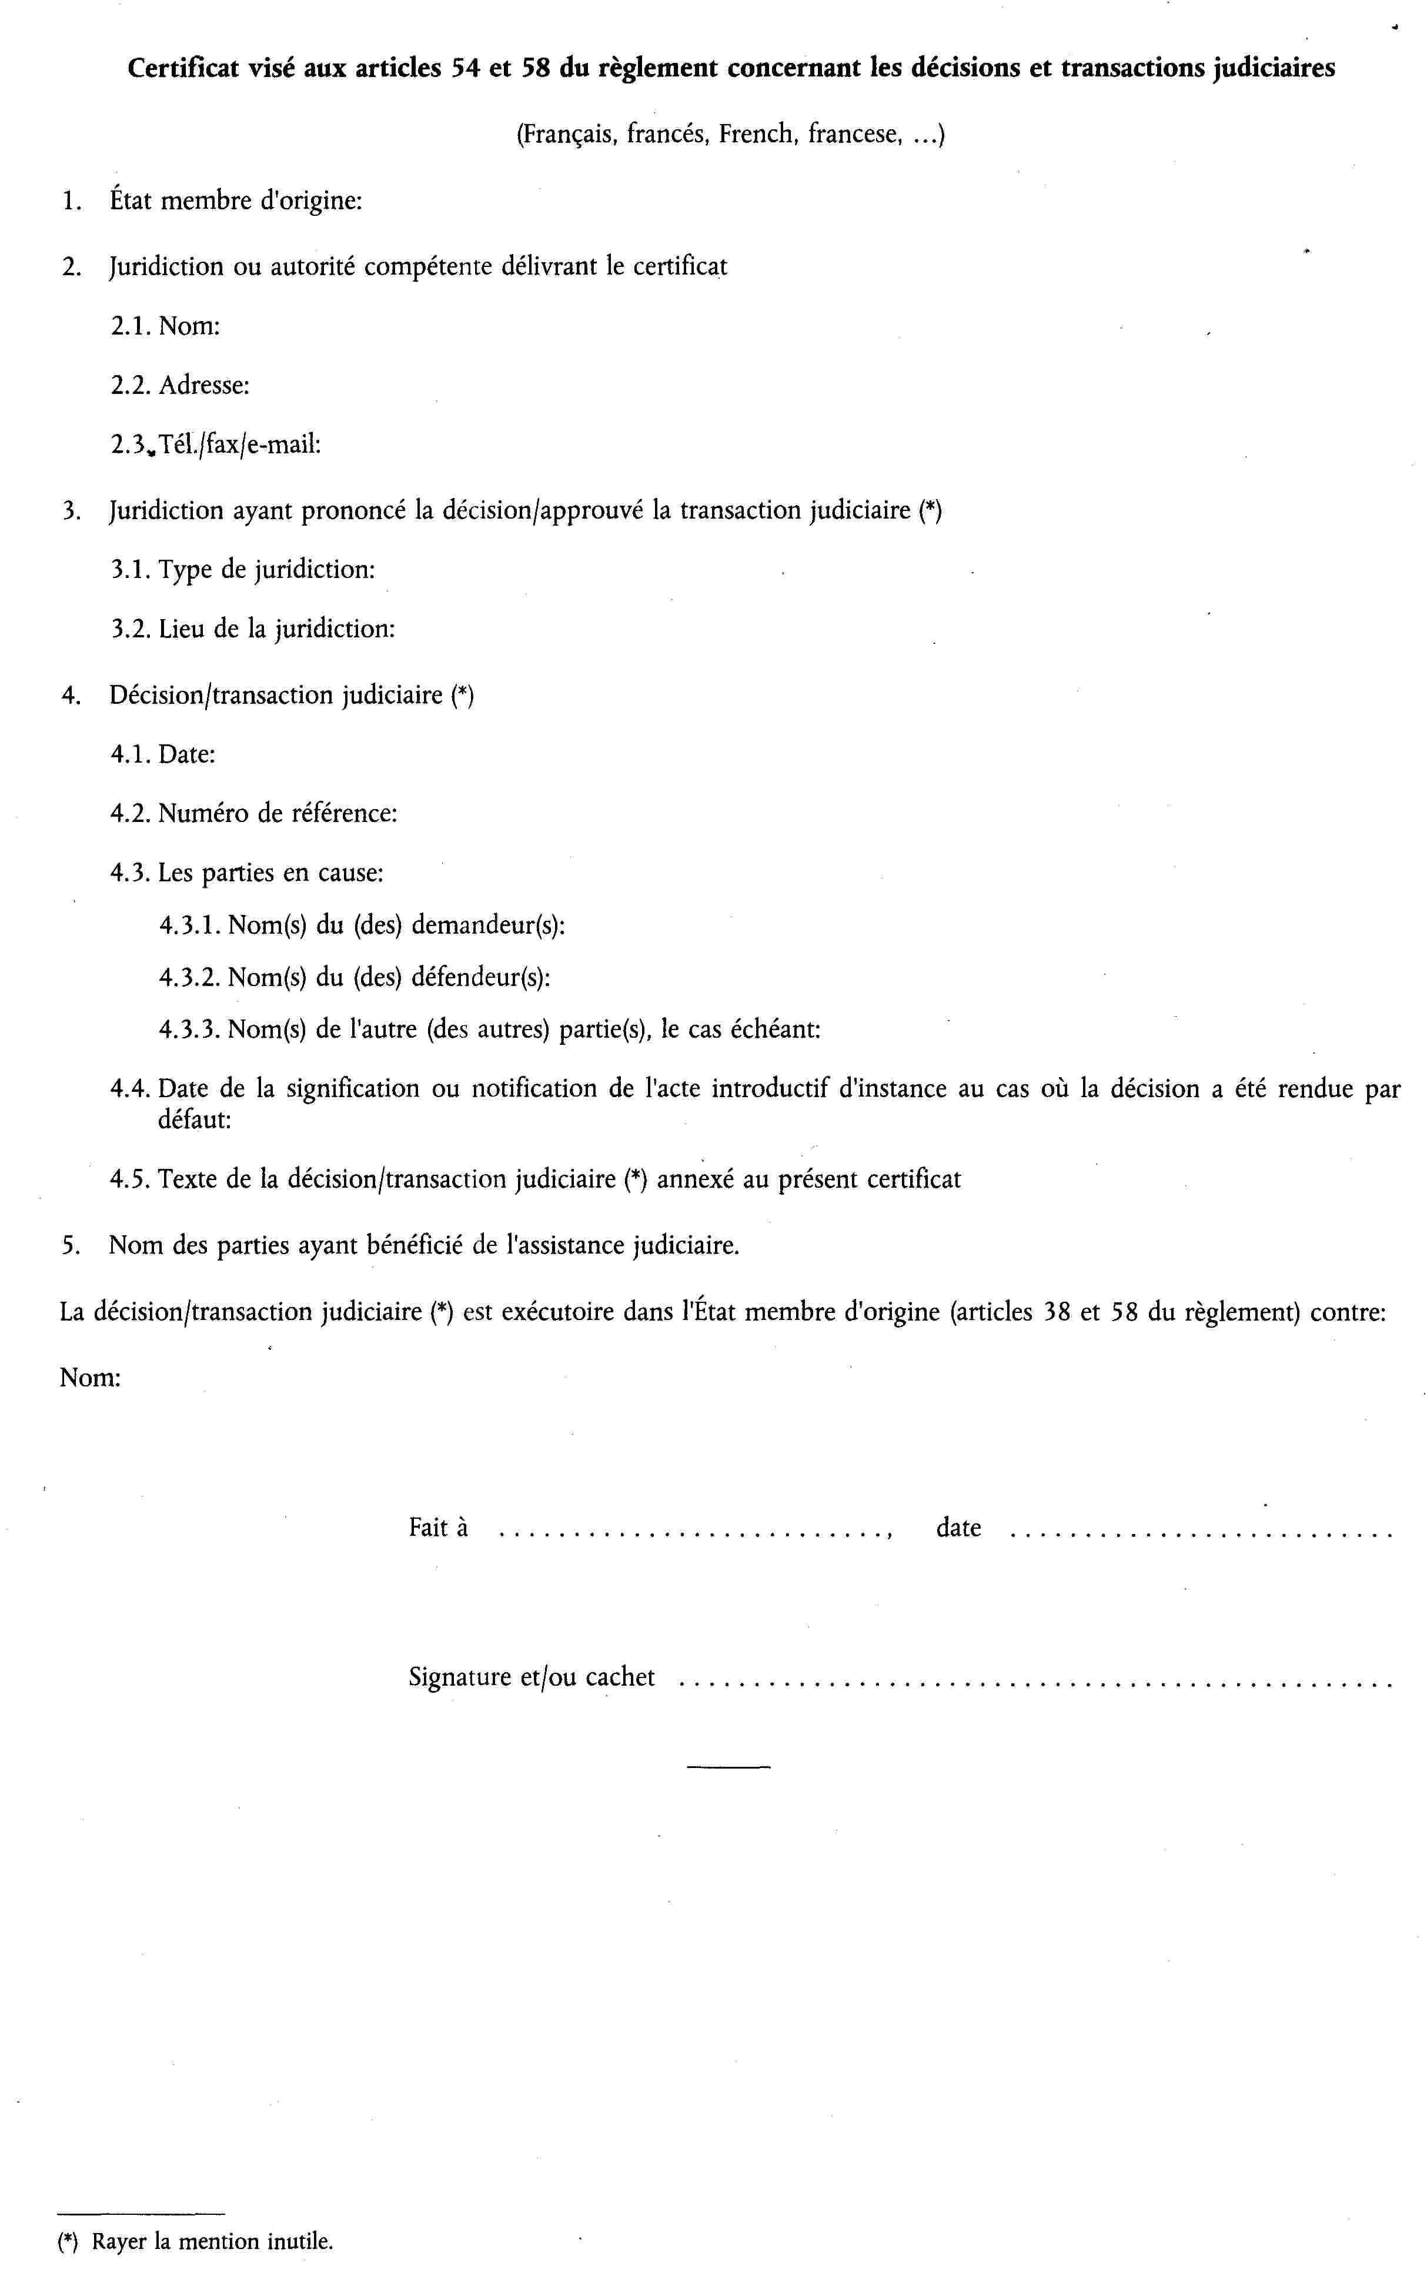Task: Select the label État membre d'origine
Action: tap(236, 201)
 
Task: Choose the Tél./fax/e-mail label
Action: tap(240, 444)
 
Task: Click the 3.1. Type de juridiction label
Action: tap(243, 570)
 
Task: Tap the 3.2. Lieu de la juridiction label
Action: tap(253, 629)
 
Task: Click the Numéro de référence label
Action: tap(278, 813)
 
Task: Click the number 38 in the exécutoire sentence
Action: tap(1056, 1312)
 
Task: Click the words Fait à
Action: tap(438, 1528)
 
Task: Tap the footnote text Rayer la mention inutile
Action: tap(212, 2242)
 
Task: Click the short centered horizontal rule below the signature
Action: tap(728, 1766)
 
